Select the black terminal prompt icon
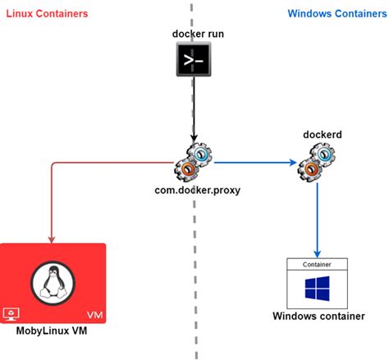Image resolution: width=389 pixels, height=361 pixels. [194, 60]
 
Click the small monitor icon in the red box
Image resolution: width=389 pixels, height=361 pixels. [11, 314]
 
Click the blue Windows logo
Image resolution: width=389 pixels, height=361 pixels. [317, 289]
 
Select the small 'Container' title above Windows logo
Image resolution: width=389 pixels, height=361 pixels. [317, 265]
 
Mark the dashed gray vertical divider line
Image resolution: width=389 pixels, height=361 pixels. [194, 247]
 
